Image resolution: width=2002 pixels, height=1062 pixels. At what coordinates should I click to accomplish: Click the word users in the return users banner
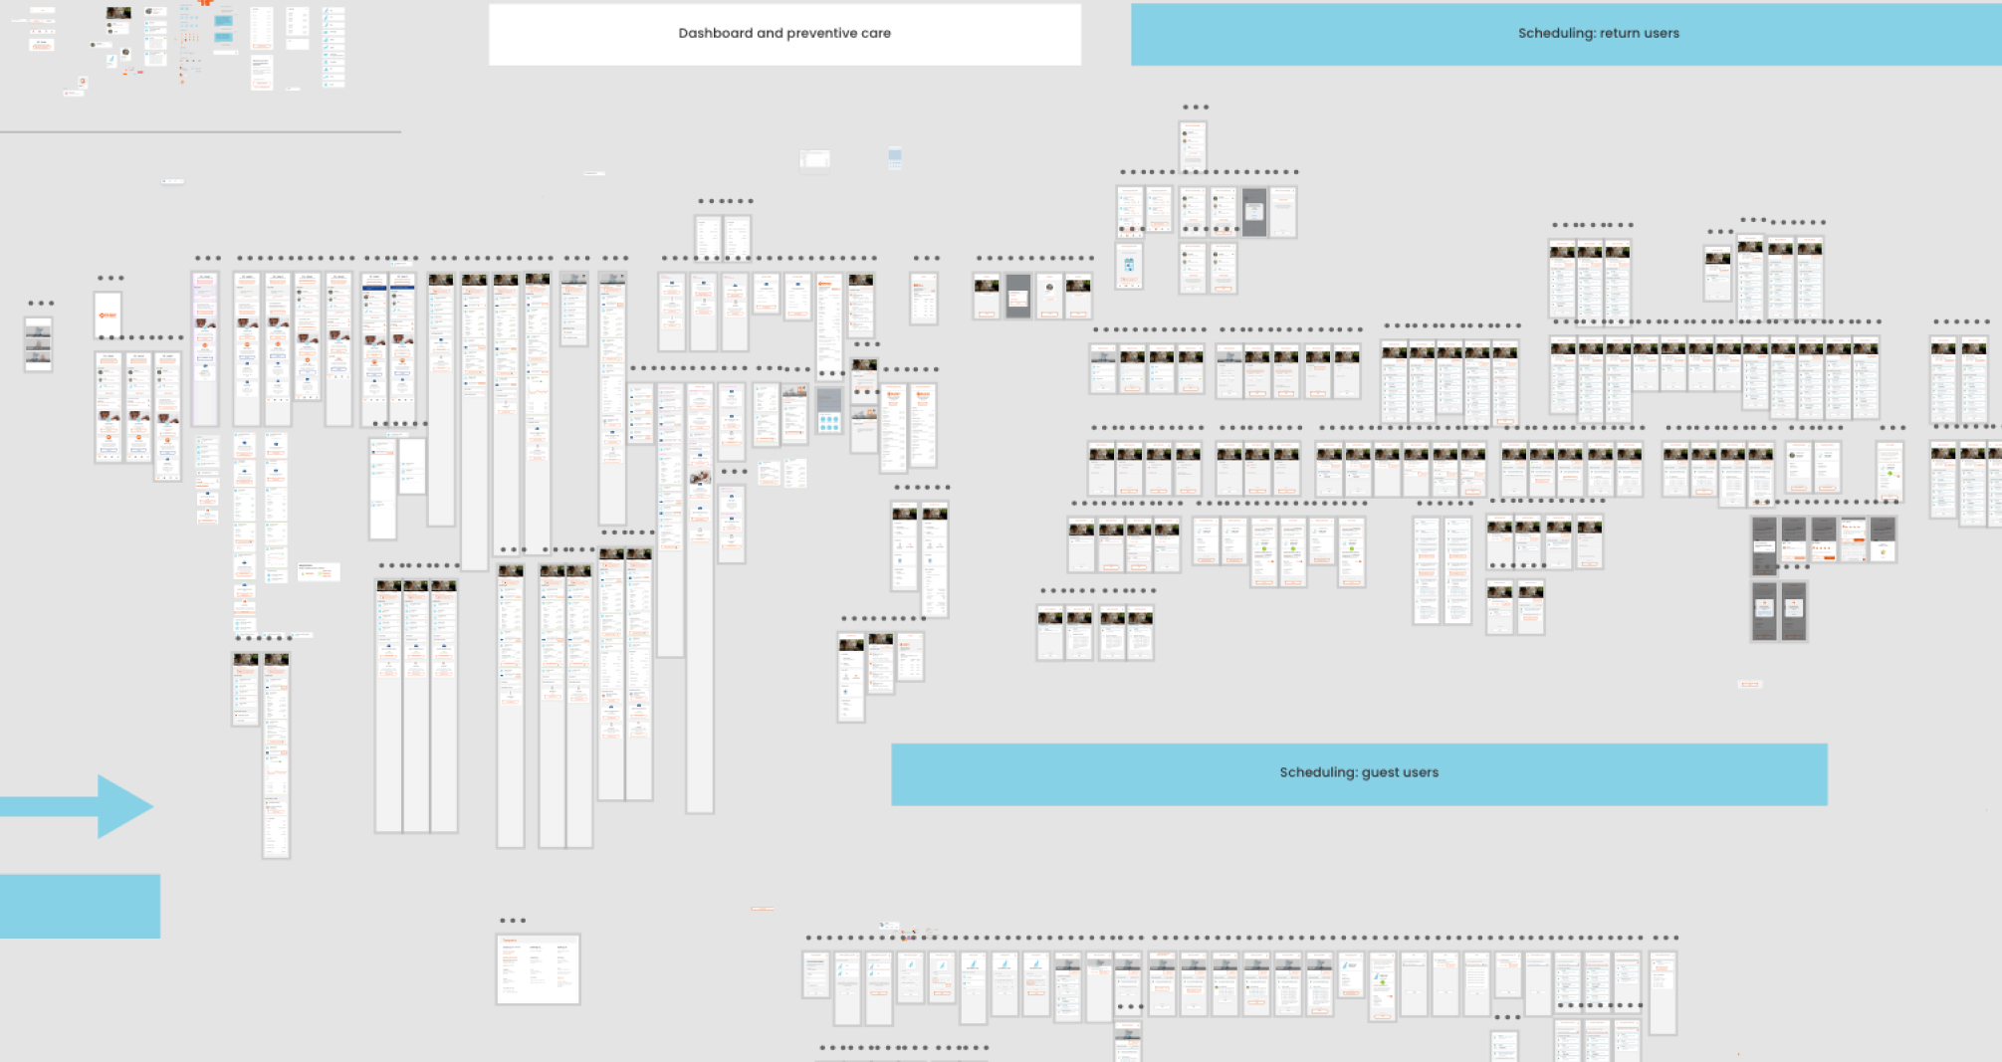(1661, 33)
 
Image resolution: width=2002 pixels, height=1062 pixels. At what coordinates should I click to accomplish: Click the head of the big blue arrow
(125, 806)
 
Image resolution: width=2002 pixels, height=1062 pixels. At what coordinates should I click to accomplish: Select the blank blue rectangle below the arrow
(80, 906)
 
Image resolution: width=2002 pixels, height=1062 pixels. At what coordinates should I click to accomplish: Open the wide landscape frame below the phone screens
(538, 968)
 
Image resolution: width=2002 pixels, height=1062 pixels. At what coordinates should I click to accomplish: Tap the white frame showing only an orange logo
(108, 316)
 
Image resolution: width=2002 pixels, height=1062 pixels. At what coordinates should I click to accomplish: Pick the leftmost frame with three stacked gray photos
(38, 344)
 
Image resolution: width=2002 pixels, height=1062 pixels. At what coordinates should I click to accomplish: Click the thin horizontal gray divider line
(199, 131)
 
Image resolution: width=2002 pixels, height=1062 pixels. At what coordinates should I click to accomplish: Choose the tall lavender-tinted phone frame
(205, 348)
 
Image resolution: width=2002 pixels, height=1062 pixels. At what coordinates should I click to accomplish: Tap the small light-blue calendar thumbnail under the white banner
(895, 157)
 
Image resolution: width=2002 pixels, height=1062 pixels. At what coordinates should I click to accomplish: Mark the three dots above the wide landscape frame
(513, 921)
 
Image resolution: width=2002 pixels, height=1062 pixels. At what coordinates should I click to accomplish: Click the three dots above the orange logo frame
(111, 279)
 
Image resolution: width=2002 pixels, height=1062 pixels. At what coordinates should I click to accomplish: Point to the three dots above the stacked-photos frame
(41, 304)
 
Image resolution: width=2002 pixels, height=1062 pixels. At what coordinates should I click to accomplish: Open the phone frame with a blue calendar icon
(1129, 266)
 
